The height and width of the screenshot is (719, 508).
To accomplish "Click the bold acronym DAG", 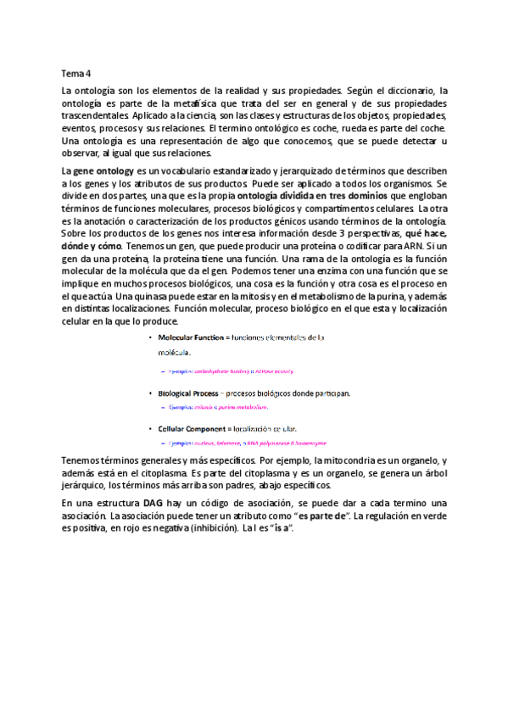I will pos(154,503).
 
